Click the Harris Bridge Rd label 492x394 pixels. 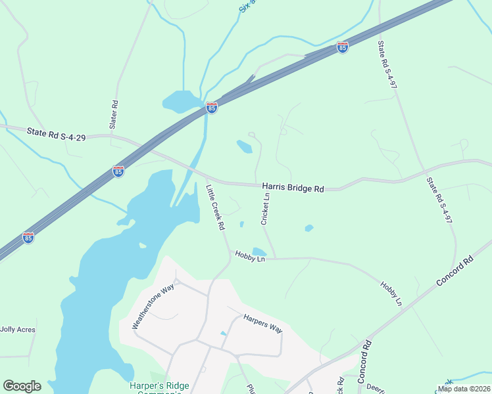pos(293,188)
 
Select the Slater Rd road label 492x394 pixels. pos(114,114)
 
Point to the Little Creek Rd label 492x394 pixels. pos(215,207)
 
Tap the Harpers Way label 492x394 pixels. pos(262,323)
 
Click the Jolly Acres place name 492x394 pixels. pos(18,330)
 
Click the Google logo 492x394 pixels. pos(22,386)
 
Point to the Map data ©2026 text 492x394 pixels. pos(464,389)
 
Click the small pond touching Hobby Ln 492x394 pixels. pos(259,252)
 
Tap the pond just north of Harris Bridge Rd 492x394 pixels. pos(245,146)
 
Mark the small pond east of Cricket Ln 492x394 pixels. pos(308,229)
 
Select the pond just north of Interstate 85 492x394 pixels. pos(182,101)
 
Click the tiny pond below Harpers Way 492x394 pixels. pos(224,334)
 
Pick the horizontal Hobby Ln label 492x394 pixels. pos(250,259)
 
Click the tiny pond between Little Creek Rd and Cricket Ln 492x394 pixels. pos(242,224)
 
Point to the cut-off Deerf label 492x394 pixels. pos(376,387)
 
